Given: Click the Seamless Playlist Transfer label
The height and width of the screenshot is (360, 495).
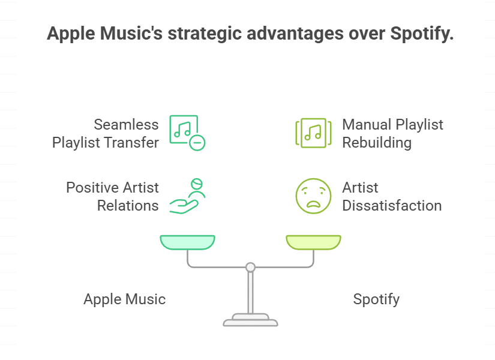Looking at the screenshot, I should pyautogui.click(x=106, y=134).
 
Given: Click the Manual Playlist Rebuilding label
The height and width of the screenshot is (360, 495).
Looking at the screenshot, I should pyautogui.click(x=392, y=134).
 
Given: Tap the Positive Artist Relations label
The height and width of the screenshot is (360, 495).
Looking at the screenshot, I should pyautogui.click(x=112, y=196).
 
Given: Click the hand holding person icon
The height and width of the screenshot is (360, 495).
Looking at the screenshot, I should pyautogui.click(x=188, y=196).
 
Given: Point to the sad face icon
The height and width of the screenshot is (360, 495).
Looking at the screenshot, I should pyautogui.click(x=313, y=196).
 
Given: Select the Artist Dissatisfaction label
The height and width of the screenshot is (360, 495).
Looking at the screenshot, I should pyautogui.click(x=392, y=196).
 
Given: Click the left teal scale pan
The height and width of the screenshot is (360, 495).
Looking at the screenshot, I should pyautogui.click(x=187, y=242).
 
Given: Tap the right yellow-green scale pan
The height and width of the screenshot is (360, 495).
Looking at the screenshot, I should pyautogui.click(x=313, y=242).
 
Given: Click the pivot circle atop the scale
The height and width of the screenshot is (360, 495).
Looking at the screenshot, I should pyautogui.click(x=250, y=267).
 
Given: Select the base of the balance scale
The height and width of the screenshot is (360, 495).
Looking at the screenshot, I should pyautogui.click(x=250, y=320).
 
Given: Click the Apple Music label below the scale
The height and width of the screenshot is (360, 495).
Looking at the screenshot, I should pyautogui.click(x=124, y=299).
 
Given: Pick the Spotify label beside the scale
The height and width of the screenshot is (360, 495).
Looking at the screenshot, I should pyautogui.click(x=376, y=299).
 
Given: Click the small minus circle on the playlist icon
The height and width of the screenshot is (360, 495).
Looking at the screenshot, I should pyautogui.click(x=197, y=143).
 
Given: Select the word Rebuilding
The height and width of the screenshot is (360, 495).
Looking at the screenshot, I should pyautogui.click(x=377, y=143).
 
